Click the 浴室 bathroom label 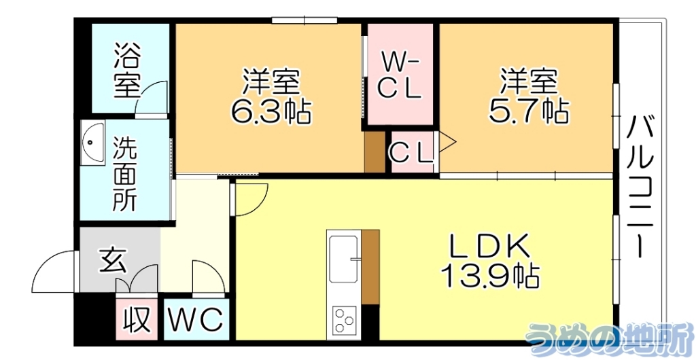click(x=127, y=70)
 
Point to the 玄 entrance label click(x=113, y=259)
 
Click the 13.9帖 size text click(x=489, y=276)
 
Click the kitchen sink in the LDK click(x=345, y=259)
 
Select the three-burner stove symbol click(x=344, y=319)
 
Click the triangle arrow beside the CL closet click(x=446, y=143)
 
